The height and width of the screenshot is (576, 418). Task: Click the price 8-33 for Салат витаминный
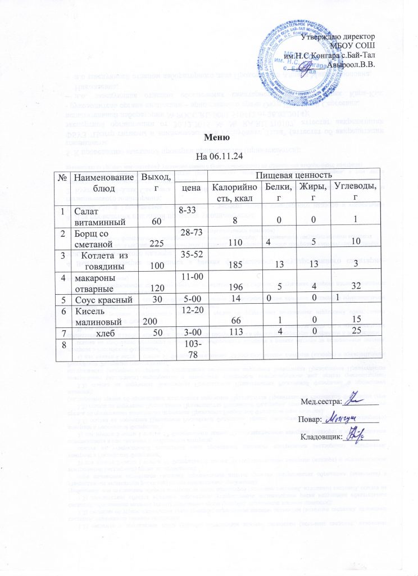pyautogui.click(x=187, y=209)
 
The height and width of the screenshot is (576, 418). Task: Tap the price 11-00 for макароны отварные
pyautogui.click(x=187, y=277)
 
